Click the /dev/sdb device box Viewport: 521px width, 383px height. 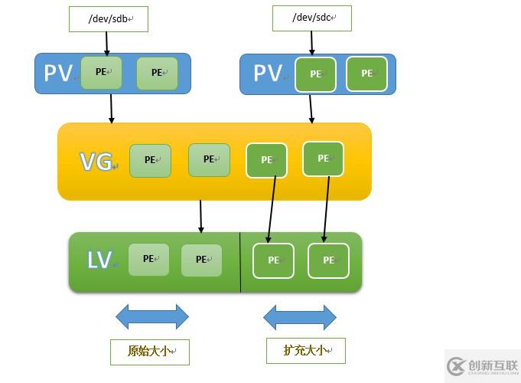coord(108,19)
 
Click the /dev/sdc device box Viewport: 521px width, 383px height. coord(311,18)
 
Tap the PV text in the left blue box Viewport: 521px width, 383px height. coord(58,73)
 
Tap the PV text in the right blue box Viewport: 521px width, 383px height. coord(268,73)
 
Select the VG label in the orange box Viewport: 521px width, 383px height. coord(96,162)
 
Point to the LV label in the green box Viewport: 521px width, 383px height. coord(99,260)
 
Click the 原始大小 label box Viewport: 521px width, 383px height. coord(149,352)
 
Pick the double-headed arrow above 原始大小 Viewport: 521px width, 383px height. coord(152,316)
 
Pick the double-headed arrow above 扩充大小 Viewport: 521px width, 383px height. coord(300,316)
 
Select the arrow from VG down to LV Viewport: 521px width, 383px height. coord(200,217)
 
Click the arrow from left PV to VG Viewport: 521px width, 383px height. coord(112,108)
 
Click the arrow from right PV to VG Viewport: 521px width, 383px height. coord(311,108)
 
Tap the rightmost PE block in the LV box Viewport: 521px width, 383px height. coord(328,260)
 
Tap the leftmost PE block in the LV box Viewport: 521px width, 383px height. coord(148,259)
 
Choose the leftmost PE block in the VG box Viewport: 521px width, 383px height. coord(150,160)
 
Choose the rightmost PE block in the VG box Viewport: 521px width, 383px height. coord(323,159)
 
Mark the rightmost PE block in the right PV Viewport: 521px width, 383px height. coord(366,74)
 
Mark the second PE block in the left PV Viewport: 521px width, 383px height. coord(157,73)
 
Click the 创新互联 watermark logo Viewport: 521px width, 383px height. coord(482,366)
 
